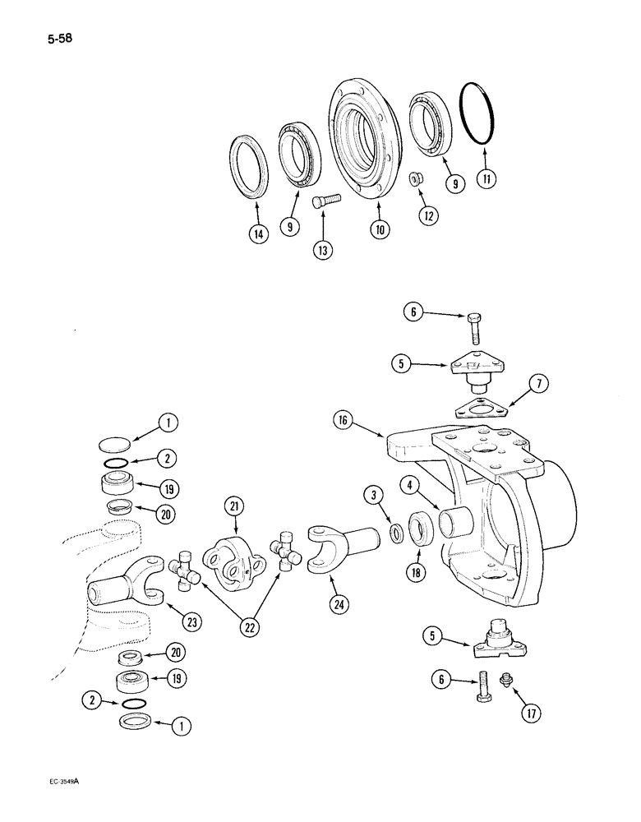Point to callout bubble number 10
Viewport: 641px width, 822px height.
(379, 231)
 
